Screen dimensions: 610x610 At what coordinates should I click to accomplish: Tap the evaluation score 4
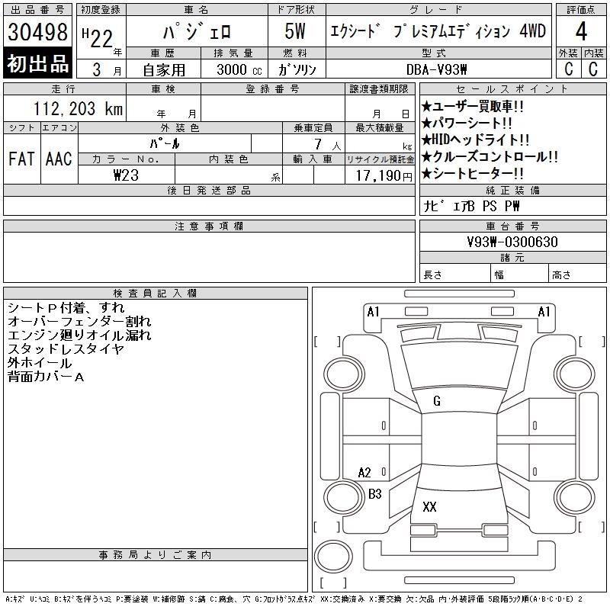coord(581,33)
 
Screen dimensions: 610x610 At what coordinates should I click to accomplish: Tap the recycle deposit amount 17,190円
coord(380,175)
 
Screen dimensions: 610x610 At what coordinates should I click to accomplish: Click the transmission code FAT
coord(21,159)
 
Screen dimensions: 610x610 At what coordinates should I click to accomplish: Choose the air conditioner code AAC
coord(59,159)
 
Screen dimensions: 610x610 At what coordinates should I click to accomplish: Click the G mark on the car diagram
coord(437,401)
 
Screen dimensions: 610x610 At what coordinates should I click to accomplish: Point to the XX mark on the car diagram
coord(429,507)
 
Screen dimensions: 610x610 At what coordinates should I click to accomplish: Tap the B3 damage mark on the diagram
coord(375,494)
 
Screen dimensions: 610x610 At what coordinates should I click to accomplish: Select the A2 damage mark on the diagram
coord(364,473)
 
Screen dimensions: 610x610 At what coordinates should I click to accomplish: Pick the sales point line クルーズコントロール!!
coord(489,157)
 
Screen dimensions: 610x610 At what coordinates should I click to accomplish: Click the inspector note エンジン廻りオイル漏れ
coord(79,335)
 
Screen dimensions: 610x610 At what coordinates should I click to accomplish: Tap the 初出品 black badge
coord(38,64)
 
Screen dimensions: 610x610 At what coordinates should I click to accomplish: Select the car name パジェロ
coord(194,33)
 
